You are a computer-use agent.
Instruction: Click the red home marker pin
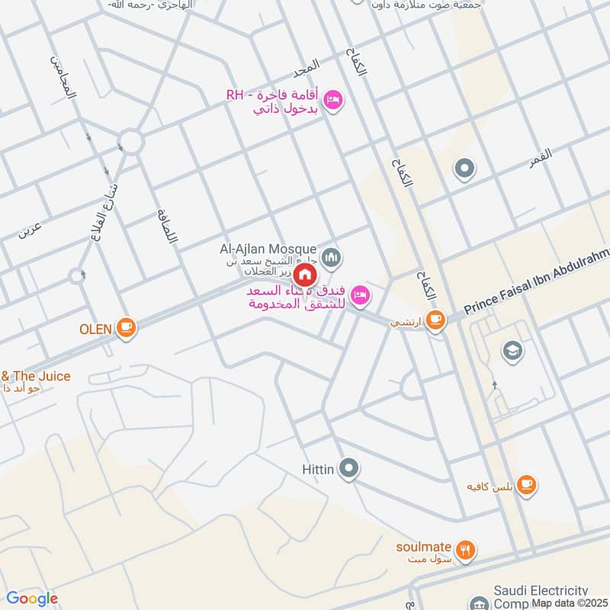(304, 274)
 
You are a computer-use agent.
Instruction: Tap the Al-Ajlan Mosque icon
(330, 258)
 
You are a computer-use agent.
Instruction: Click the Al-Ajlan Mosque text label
(267, 249)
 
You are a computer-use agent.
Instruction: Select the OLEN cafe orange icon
(126, 328)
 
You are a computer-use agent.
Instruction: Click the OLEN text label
(96, 329)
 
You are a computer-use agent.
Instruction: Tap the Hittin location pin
(349, 468)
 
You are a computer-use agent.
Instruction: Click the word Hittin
(316, 469)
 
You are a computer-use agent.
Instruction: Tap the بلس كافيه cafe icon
(526, 484)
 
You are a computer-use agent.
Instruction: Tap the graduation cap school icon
(512, 350)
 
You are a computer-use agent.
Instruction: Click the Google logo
(32, 599)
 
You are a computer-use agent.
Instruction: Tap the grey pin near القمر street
(464, 169)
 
